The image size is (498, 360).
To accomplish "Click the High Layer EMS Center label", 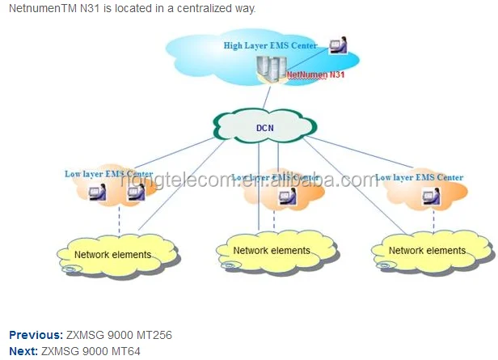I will [x=270, y=45].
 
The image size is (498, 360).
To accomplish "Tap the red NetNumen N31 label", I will [x=315, y=74].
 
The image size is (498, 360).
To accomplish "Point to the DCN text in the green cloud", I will [x=265, y=126].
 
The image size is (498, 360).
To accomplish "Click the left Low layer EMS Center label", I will [x=108, y=173].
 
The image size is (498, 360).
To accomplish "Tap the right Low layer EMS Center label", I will [x=420, y=176].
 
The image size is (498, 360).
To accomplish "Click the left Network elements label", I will [x=112, y=255].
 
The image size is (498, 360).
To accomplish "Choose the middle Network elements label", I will [x=272, y=251].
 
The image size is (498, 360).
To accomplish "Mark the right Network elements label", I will [x=427, y=251].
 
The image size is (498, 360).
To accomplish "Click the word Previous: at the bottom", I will [x=36, y=335].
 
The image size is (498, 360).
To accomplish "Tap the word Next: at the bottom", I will [x=23, y=350].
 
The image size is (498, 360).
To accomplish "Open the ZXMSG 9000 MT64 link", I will [x=91, y=350].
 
